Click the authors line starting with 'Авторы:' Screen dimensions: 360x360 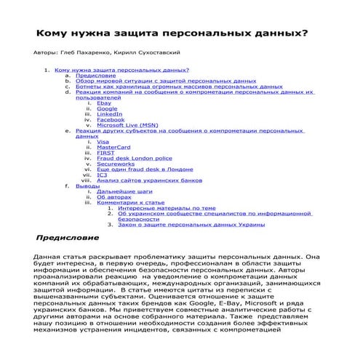107,53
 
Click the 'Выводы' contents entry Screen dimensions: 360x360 88,185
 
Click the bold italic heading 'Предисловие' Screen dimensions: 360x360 66,238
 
